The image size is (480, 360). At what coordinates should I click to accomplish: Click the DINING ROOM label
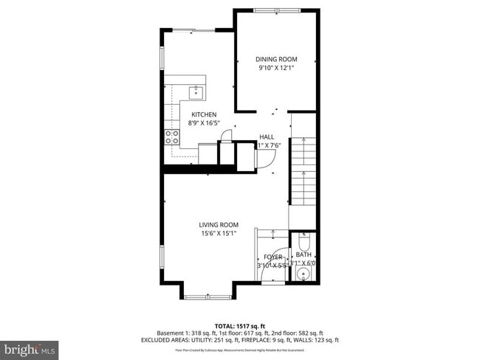[x=276, y=59]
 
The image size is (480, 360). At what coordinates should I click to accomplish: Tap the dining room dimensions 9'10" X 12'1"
[x=276, y=68]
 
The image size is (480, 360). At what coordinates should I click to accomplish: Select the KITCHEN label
[x=204, y=114]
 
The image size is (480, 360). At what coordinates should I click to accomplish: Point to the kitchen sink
[x=196, y=92]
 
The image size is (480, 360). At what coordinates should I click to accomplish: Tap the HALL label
[x=267, y=136]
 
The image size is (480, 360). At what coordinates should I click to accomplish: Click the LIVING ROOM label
[x=218, y=225]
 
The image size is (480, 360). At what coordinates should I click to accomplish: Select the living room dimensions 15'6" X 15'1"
[x=218, y=234]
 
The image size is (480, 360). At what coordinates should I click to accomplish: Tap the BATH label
[x=304, y=255]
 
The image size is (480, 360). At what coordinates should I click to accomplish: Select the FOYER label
[x=273, y=257]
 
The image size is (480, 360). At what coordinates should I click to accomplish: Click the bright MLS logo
[x=30, y=347]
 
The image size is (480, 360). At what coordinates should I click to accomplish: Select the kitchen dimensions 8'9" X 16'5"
[x=204, y=123]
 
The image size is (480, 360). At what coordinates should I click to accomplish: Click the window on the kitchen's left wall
[x=162, y=59]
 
